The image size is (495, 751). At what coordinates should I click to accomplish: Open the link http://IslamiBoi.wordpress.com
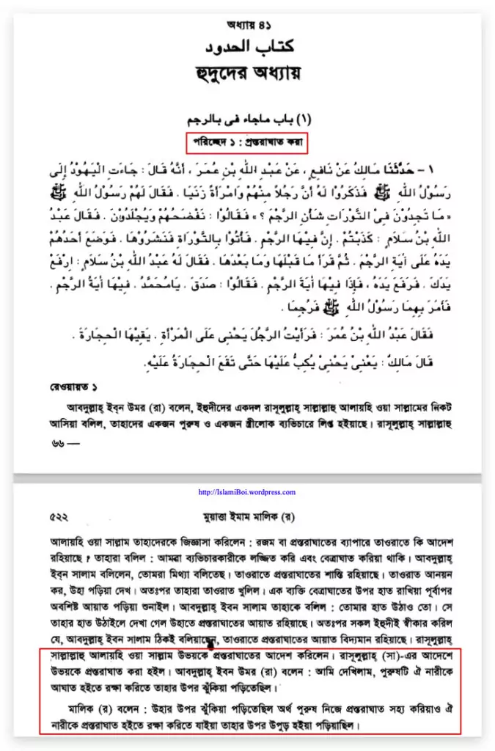[x=248, y=492]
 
